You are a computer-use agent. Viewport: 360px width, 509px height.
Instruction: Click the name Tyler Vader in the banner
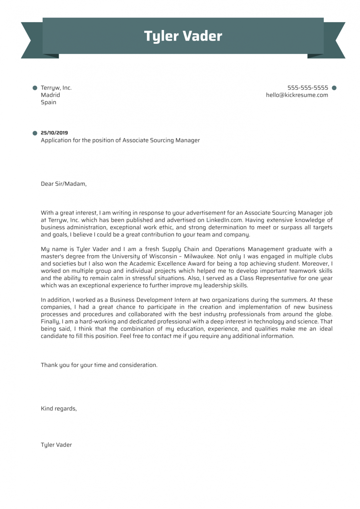[183, 36]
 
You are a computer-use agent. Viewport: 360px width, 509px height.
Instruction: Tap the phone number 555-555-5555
[307, 88]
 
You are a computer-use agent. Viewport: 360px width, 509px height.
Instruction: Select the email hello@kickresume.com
[297, 95]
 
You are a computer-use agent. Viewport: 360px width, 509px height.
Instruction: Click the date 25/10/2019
[54, 133]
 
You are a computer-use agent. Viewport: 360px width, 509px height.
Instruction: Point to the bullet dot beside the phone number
[334, 88]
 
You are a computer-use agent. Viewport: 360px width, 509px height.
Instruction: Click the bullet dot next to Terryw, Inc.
[35, 88]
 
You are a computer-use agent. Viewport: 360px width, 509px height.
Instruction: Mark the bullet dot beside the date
[35, 133]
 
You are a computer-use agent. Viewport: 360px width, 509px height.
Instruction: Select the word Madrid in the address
[50, 95]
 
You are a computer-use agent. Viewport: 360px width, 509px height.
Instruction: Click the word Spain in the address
[49, 102]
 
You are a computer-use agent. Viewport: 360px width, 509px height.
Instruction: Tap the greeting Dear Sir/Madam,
[63, 184]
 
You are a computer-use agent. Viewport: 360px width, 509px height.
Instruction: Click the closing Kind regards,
[59, 409]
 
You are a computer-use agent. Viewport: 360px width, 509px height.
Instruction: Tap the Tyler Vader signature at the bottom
[56, 445]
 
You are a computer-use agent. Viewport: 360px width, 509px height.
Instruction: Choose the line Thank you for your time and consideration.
[99, 365]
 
